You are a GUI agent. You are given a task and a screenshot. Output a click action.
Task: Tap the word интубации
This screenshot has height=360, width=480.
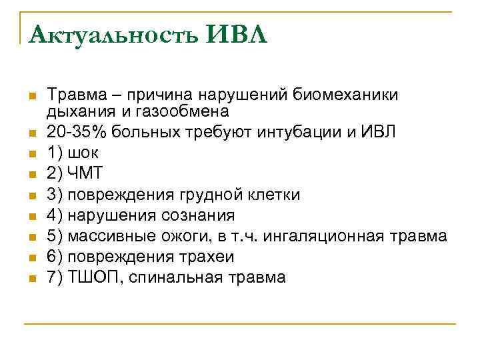click(305, 132)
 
